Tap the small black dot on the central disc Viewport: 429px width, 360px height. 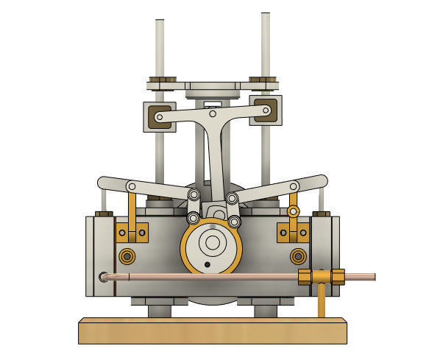click(208, 264)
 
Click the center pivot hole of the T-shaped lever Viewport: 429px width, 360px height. click(212, 114)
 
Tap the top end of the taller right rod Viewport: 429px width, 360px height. click(266, 15)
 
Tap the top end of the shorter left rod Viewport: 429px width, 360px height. click(160, 21)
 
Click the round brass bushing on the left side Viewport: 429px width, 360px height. click(128, 256)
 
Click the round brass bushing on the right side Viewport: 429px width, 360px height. click(297, 256)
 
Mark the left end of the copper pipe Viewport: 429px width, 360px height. click(105, 278)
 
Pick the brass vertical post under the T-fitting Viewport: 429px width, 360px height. click(322, 301)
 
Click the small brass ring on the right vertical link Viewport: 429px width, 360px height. click(293, 213)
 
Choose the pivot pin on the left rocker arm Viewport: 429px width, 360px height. click(132, 186)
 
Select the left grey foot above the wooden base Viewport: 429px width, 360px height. click(159, 308)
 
